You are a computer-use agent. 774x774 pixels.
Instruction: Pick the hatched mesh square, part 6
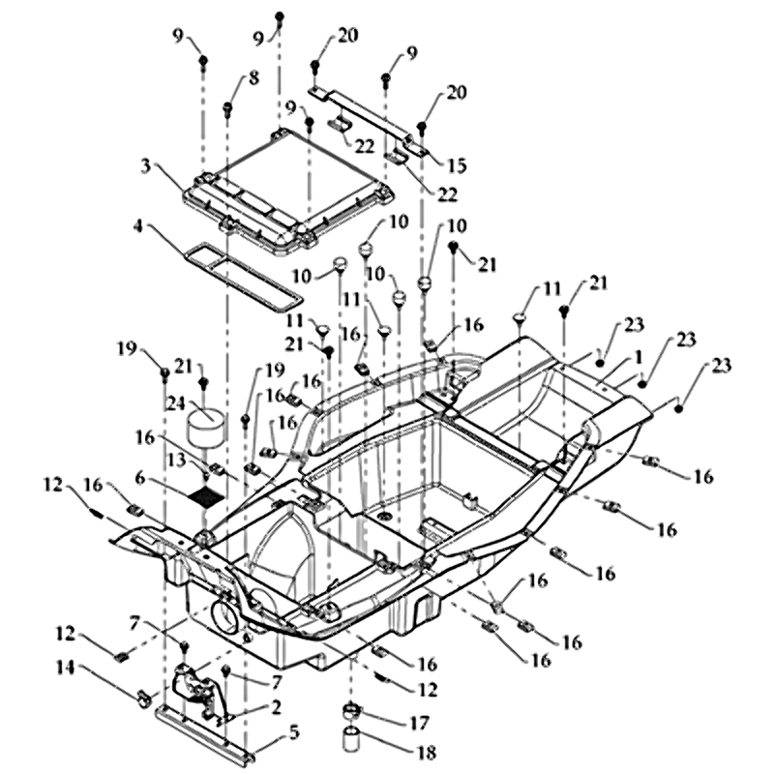click(x=205, y=496)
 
